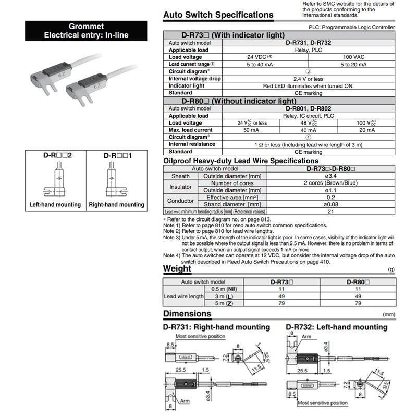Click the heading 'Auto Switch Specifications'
coord(218,15)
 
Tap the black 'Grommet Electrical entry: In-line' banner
coord(86,31)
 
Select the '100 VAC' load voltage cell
coord(353,57)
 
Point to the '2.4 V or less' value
coord(309,79)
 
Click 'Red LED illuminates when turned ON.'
coord(309,86)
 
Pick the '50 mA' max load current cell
coord(251,130)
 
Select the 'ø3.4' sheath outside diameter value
coord(331,176)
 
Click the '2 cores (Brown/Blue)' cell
coord(331,183)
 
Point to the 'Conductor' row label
coord(180,201)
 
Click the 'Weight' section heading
coord(177,269)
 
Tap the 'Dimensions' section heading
coord(187,314)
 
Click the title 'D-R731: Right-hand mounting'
coord(216,327)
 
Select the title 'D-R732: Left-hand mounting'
coord(337,327)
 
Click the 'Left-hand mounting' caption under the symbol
coord(55,205)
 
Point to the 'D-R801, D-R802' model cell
coord(309,108)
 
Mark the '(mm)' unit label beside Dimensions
coord(389,315)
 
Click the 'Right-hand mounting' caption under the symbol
coord(116,205)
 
